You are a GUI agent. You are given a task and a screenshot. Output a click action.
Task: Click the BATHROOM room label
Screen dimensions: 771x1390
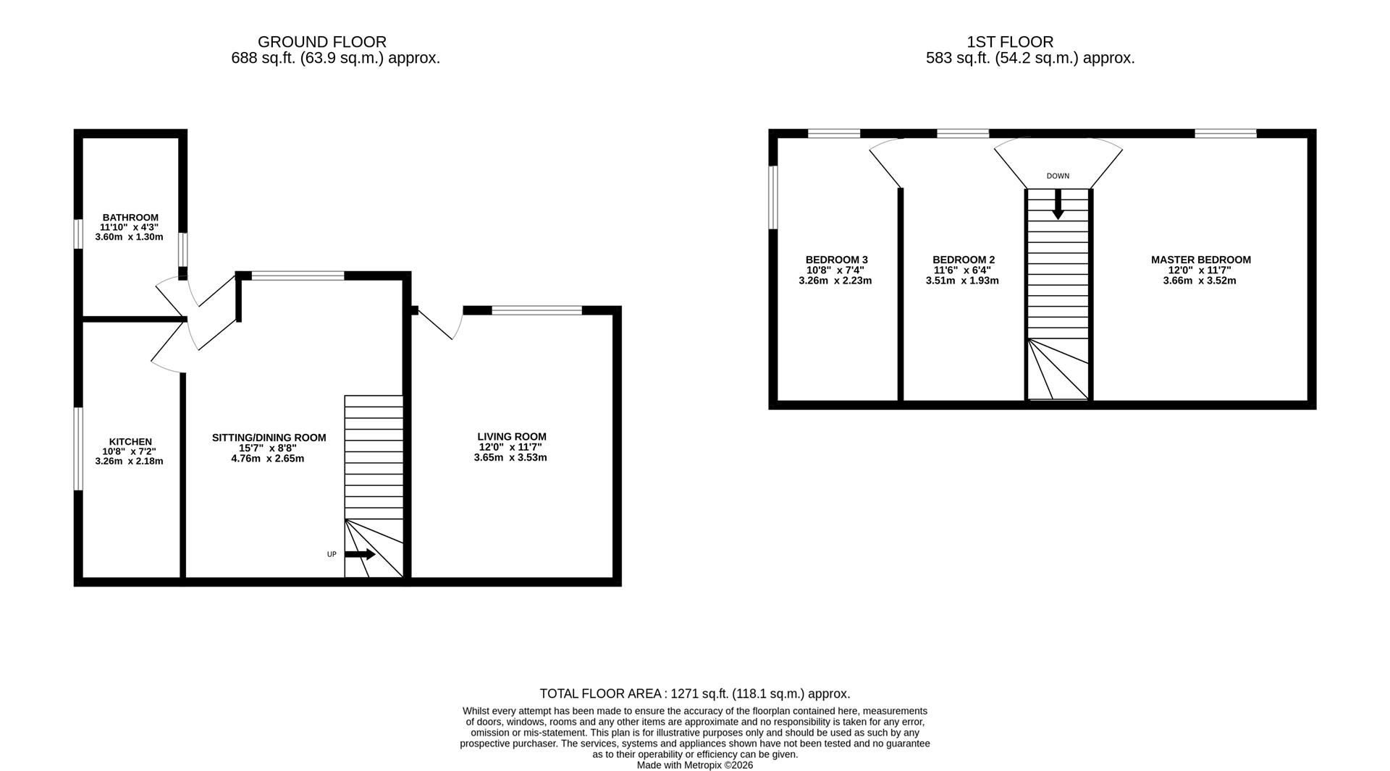pos(130,217)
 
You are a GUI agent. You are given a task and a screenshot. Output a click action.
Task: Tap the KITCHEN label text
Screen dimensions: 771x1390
pos(130,441)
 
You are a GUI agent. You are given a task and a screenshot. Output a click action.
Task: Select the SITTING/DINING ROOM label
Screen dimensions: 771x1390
pos(269,438)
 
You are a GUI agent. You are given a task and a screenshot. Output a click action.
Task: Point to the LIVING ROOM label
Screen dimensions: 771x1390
pos(511,436)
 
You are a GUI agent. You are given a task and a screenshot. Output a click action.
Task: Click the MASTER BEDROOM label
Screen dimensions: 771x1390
pos(1200,260)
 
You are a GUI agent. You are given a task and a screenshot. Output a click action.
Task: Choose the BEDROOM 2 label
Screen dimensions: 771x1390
pos(963,260)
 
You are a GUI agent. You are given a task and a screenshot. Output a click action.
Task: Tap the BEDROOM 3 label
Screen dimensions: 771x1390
pos(836,260)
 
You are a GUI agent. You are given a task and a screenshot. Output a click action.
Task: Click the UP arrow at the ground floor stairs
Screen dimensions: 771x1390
pos(360,555)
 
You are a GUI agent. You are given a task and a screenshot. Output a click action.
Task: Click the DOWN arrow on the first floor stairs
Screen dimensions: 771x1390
pos(1058,205)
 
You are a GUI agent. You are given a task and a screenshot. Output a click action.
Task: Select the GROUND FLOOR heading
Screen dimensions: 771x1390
pos(321,42)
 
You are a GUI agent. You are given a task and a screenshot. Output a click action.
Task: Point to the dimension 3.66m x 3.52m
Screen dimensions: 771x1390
pos(1199,281)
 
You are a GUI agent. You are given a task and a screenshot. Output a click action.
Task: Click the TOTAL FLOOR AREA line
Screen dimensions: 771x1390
pos(694,694)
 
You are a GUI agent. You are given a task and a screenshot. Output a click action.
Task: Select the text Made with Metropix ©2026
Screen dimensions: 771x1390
pos(694,765)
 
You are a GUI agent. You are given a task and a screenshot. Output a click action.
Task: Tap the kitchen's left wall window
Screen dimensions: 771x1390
pos(78,448)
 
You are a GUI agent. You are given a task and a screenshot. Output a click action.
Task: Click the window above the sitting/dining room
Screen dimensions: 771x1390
pos(298,276)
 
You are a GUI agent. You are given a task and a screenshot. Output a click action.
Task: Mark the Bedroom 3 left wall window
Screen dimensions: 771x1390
pos(773,197)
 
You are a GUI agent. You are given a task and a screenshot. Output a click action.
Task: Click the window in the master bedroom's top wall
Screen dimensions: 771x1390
pos(1225,133)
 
